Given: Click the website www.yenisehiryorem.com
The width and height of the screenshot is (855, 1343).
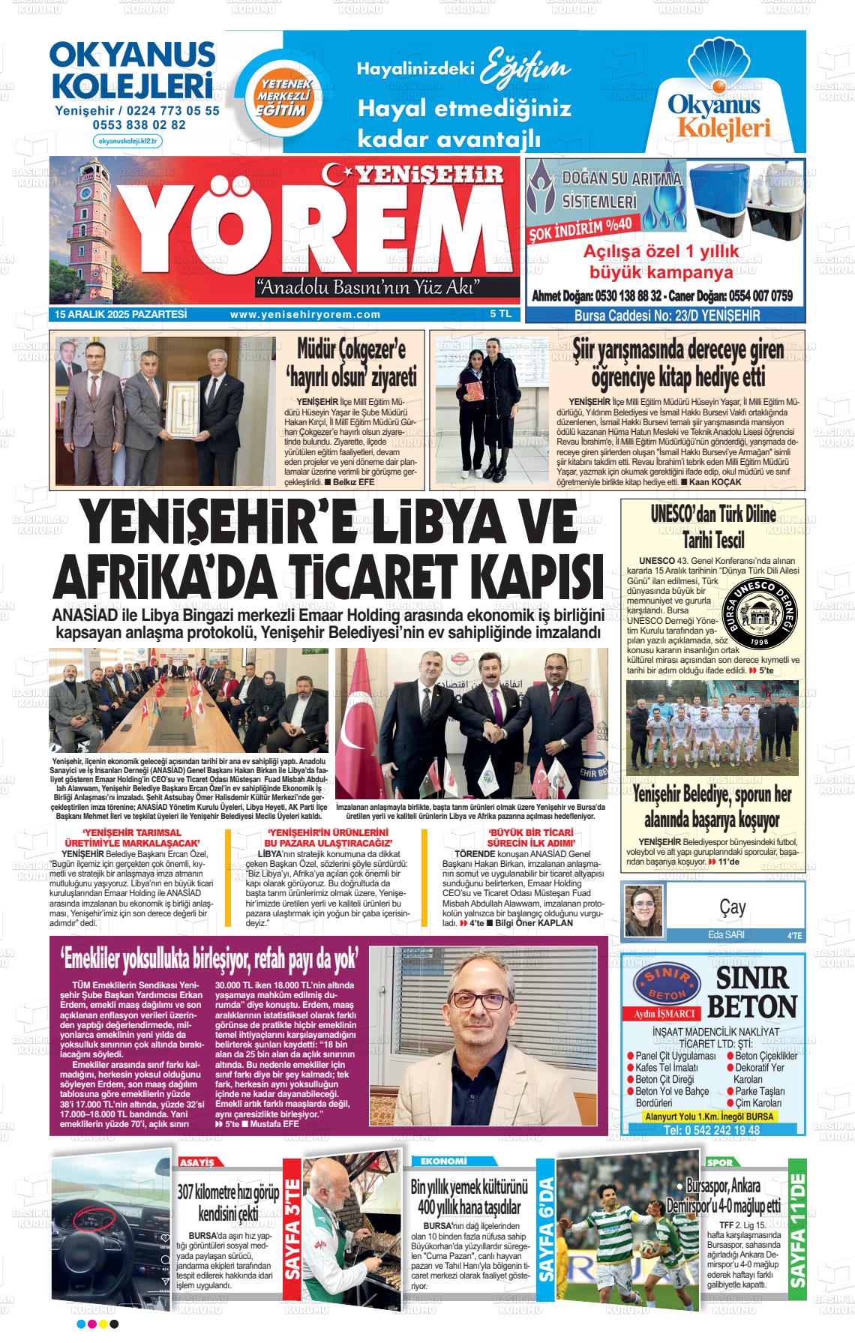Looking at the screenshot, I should pos(305,315).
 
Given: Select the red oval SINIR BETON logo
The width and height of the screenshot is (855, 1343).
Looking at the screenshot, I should pos(667,981).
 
